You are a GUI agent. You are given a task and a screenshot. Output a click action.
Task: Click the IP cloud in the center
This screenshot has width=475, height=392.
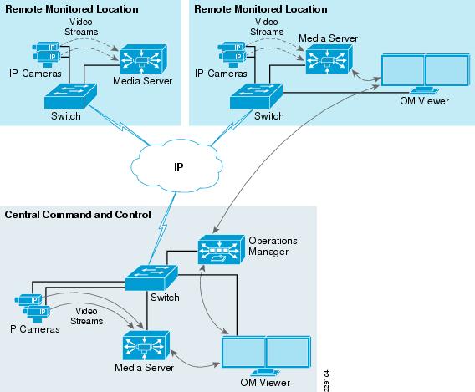[x=178, y=165]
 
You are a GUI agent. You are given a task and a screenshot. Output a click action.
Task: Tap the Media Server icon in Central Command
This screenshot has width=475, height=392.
[x=144, y=347]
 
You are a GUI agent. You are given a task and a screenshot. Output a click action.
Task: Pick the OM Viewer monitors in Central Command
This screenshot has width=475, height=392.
[x=265, y=354]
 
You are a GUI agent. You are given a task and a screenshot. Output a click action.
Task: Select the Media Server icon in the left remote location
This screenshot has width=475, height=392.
[x=143, y=59]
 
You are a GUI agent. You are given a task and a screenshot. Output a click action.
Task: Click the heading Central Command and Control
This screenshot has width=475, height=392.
[x=78, y=215]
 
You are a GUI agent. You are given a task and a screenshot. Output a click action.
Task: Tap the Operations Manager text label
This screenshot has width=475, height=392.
[x=273, y=247]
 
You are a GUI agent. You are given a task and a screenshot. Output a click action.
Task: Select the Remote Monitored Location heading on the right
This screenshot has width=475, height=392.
[x=249, y=8]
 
